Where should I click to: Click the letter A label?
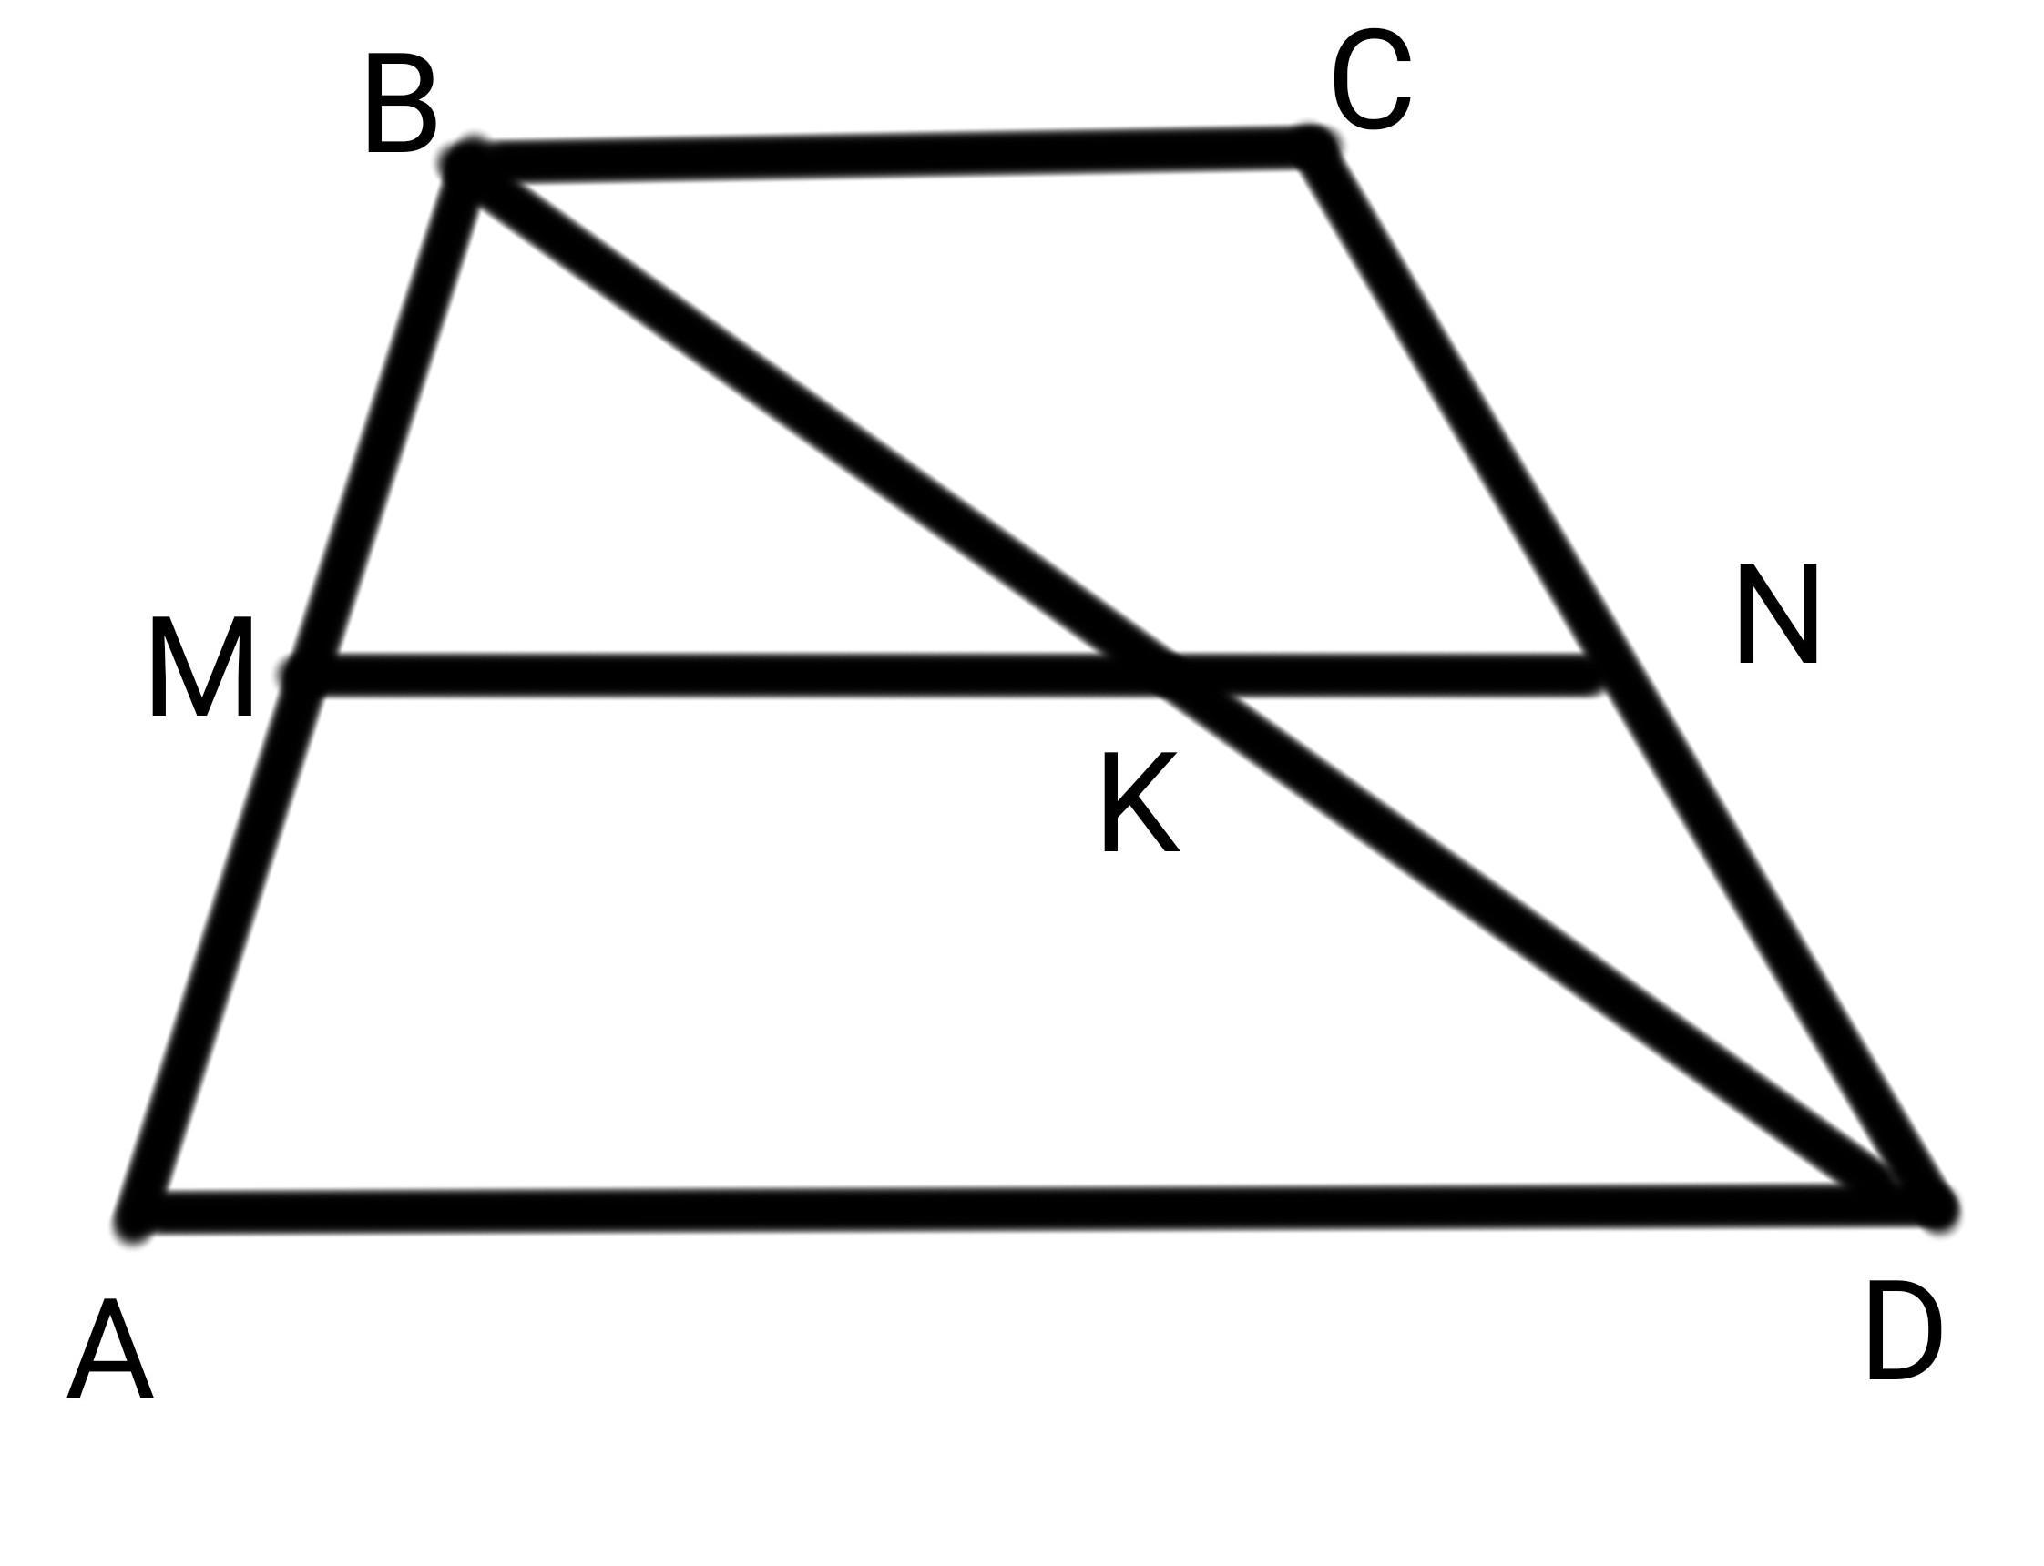click(110, 1352)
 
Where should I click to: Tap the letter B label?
click(400, 105)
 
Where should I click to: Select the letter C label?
click(1371, 80)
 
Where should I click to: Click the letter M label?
click(200, 668)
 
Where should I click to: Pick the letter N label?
click(1777, 615)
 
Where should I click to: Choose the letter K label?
click(1139, 804)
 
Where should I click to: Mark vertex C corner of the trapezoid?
click(1314, 149)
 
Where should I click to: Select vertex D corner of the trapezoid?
click(1935, 1208)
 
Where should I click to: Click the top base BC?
click(886, 157)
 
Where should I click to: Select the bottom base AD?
click(1026, 1210)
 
